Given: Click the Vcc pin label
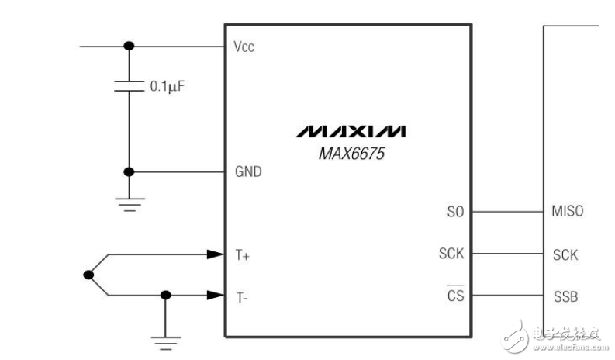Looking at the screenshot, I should point(244,47).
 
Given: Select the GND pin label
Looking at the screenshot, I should point(247,172).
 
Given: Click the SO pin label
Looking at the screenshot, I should point(455,211).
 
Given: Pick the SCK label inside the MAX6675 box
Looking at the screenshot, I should point(451,254).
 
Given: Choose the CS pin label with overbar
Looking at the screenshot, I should point(454,296).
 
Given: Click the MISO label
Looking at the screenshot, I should point(568,211).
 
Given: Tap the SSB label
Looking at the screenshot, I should point(565,296).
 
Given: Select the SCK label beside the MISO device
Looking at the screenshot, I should point(565,254).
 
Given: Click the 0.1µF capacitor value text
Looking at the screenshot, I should point(167,87).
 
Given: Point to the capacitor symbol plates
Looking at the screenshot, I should point(129,86).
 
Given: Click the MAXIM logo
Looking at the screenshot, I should point(350,130).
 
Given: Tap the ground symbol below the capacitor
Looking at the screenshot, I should point(129,203).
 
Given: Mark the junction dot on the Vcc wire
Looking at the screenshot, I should point(129,47).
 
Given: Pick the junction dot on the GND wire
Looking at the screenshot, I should point(129,172).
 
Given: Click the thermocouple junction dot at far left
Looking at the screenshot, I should point(89,274).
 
